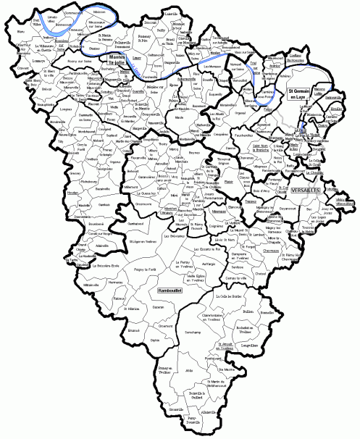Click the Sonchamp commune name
click(x=193, y=331)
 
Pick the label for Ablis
click(x=190, y=371)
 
